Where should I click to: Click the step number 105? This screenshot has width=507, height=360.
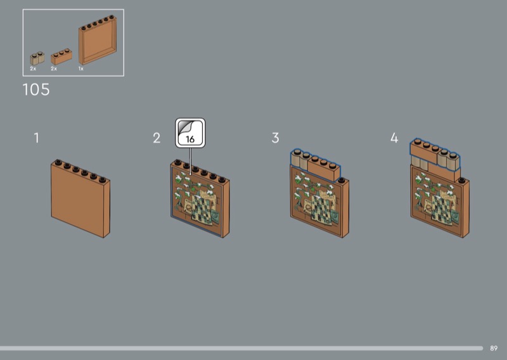[x=36, y=89]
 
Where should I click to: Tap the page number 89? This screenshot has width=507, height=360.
[x=494, y=349]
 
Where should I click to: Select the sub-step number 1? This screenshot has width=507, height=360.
[x=37, y=138]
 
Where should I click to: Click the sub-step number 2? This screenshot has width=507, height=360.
[x=157, y=138]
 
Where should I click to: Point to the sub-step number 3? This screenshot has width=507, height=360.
[x=275, y=138]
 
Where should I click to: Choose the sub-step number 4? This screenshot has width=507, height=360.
[x=394, y=138]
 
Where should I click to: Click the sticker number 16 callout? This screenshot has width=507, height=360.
[x=190, y=133]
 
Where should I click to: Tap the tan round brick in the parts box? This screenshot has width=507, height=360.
[x=37, y=58]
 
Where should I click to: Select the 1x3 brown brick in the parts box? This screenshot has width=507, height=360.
[x=61, y=57]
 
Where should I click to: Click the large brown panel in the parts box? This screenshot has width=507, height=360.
[x=98, y=40]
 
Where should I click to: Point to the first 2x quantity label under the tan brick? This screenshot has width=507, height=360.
[x=33, y=68]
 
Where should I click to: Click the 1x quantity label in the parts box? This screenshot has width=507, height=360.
[x=81, y=68]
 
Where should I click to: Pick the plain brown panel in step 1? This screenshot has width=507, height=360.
[x=80, y=198]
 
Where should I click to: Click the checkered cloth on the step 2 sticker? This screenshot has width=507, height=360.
[x=202, y=209]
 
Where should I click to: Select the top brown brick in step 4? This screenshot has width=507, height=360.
[x=424, y=152]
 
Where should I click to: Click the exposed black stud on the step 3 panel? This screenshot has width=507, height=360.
[x=342, y=180]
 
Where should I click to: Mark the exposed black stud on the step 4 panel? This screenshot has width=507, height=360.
[x=462, y=180]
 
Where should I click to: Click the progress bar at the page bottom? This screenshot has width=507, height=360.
[x=241, y=349]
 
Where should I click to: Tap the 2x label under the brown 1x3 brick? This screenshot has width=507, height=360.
[x=54, y=68]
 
